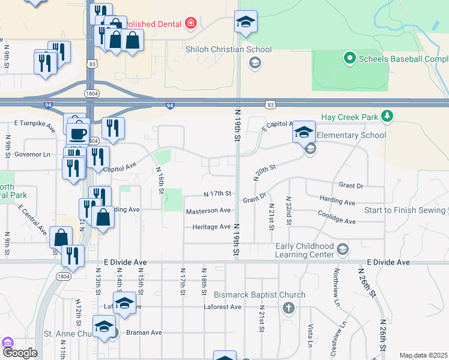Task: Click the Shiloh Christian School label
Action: click(229, 50)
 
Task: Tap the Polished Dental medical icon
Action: click(191, 23)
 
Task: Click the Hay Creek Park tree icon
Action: click(388, 115)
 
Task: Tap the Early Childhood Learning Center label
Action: click(304, 250)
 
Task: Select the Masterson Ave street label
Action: click(208, 211)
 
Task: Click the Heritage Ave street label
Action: click(211, 227)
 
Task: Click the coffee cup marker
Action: click(77, 133)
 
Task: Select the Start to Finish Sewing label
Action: click(406, 210)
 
